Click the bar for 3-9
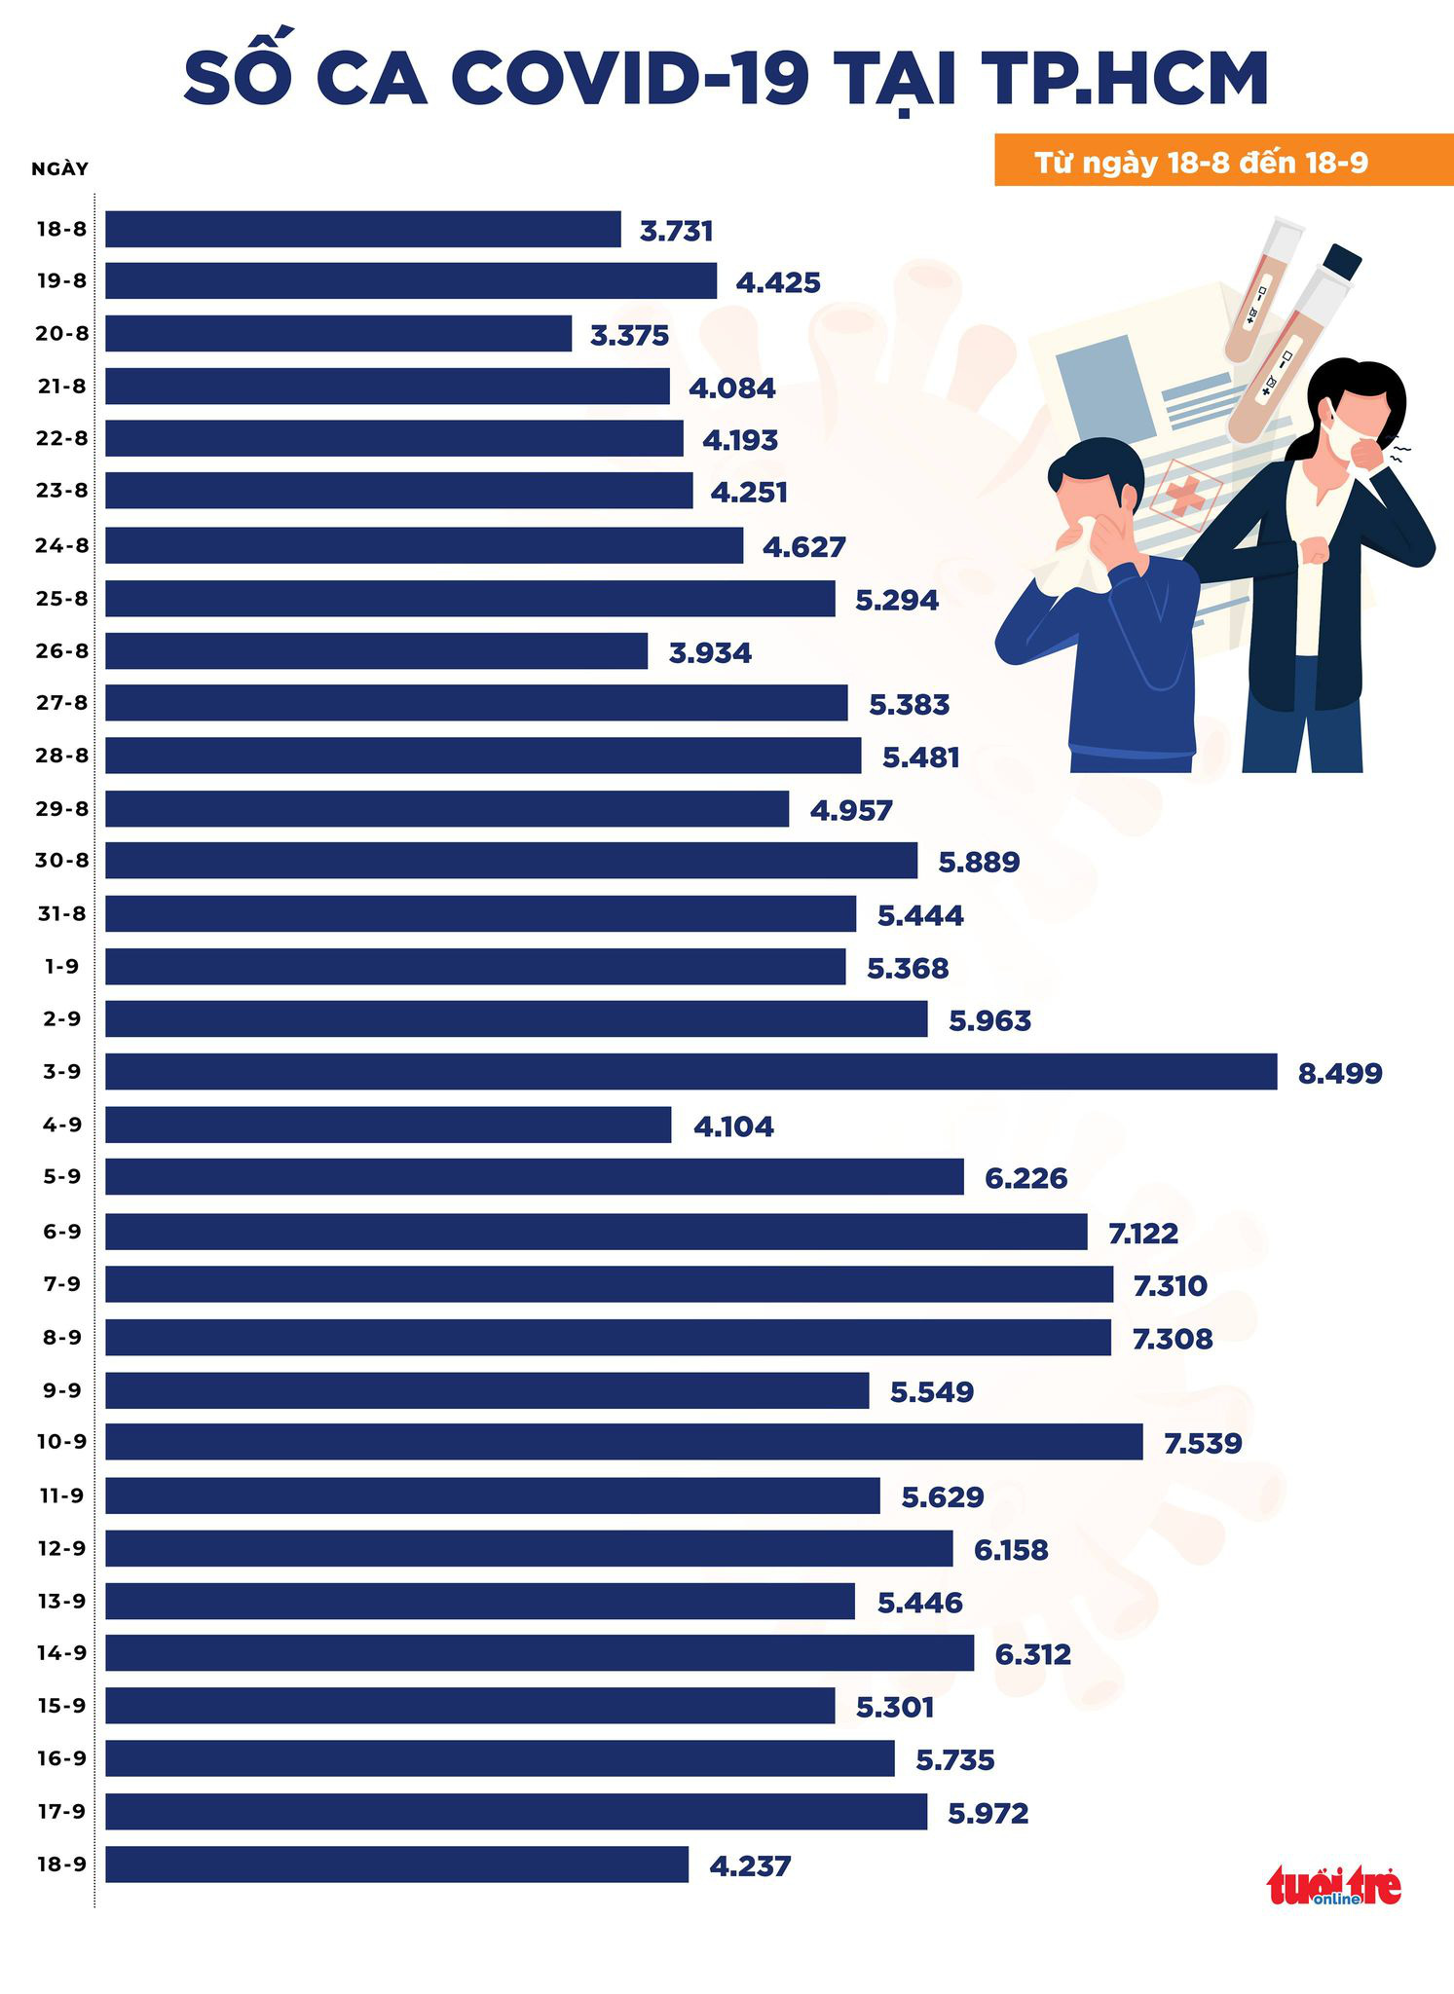pyautogui.click(x=690, y=1071)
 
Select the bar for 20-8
pyautogui.click(x=338, y=333)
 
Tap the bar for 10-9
pyautogui.click(x=623, y=1441)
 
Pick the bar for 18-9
pyautogui.click(x=396, y=1864)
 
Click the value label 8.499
pyautogui.click(x=1339, y=1073)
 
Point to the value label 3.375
pyautogui.click(x=629, y=335)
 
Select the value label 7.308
pyautogui.click(x=1172, y=1339)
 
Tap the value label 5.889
pyautogui.click(x=978, y=862)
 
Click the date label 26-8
pyautogui.click(x=61, y=650)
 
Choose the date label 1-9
pyautogui.click(x=61, y=966)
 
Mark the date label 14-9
pyautogui.click(x=61, y=1652)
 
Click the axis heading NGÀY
pyautogui.click(x=59, y=168)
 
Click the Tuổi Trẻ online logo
pyautogui.click(x=1333, y=1886)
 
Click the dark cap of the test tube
pyautogui.click(x=1342, y=261)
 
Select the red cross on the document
pyautogui.click(x=1184, y=496)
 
